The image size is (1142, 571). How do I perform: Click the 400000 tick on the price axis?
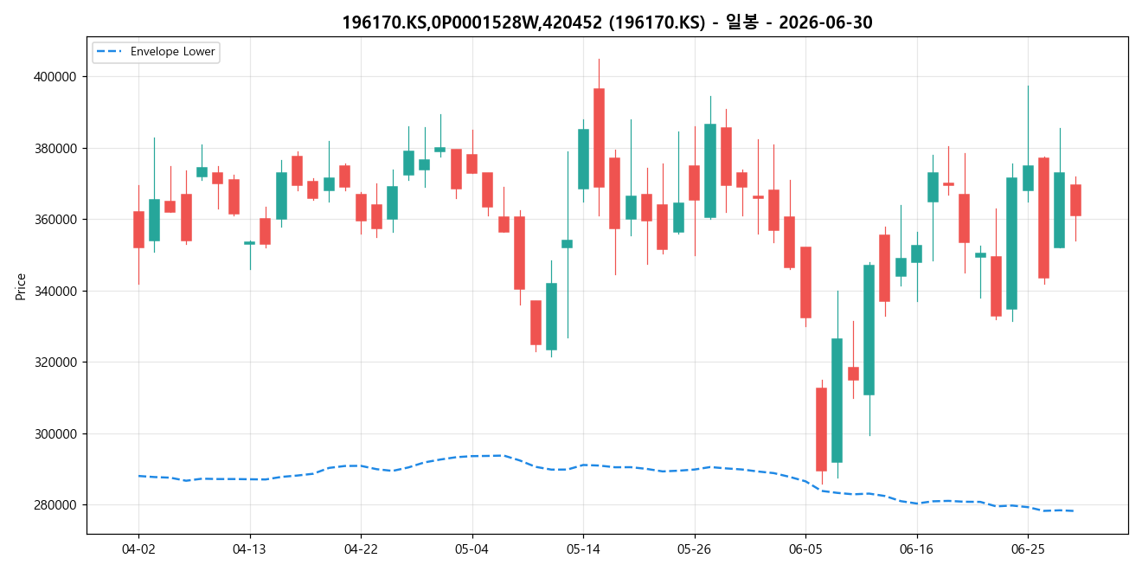pos(55,77)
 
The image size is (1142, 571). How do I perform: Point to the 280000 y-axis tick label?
pos(55,505)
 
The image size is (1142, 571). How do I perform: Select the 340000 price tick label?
pos(55,291)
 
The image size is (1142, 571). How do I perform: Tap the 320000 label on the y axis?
pos(55,362)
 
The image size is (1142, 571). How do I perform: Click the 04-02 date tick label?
pos(138,549)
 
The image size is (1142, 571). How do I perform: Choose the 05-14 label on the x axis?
pos(583,549)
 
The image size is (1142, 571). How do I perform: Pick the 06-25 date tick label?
pos(1028,549)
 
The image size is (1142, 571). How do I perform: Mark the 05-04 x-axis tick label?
pos(472,549)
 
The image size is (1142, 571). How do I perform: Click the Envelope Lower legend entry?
pos(156,52)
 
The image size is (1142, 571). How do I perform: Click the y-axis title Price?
pos(21,286)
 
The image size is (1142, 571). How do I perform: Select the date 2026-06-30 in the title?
pos(825,22)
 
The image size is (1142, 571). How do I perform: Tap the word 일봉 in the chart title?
pos(741,22)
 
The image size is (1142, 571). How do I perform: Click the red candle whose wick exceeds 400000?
pos(599,138)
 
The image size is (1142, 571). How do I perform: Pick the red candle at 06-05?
pos(805,282)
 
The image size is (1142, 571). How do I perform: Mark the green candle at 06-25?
pos(1028,178)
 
